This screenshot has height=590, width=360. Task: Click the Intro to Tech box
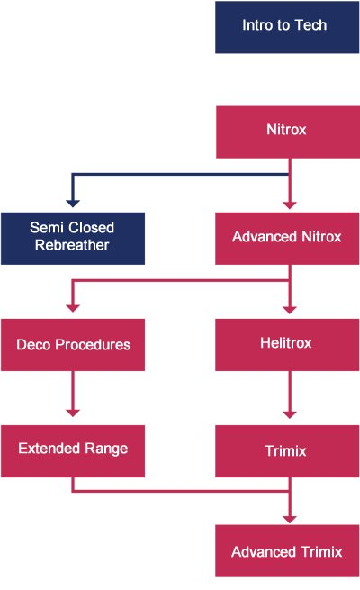click(x=287, y=27)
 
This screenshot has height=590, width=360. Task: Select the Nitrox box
click(x=288, y=132)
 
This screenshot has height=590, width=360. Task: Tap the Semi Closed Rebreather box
click(x=73, y=239)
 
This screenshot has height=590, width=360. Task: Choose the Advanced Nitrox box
click(x=287, y=239)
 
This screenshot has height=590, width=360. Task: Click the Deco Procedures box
click(x=73, y=345)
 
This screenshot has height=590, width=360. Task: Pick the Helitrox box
click(x=287, y=345)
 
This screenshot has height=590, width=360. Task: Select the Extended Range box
click(x=73, y=451)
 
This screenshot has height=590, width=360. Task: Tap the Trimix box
click(x=287, y=451)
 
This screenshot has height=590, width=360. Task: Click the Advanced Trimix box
click(x=287, y=551)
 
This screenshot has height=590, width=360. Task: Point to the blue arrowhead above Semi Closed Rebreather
click(x=73, y=204)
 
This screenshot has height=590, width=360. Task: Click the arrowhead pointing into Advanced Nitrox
click(x=290, y=205)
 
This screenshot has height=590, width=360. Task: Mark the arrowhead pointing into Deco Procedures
click(x=73, y=308)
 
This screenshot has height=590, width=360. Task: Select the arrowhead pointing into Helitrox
click(x=290, y=310)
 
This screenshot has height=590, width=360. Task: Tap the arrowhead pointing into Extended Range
click(x=73, y=413)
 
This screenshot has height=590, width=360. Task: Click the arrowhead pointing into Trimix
click(x=290, y=414)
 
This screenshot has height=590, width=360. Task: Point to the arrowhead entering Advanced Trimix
click(x=290, y=519)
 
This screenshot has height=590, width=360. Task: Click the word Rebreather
click(x=72, y=245)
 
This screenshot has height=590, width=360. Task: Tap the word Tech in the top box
click(x=310, y=25)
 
